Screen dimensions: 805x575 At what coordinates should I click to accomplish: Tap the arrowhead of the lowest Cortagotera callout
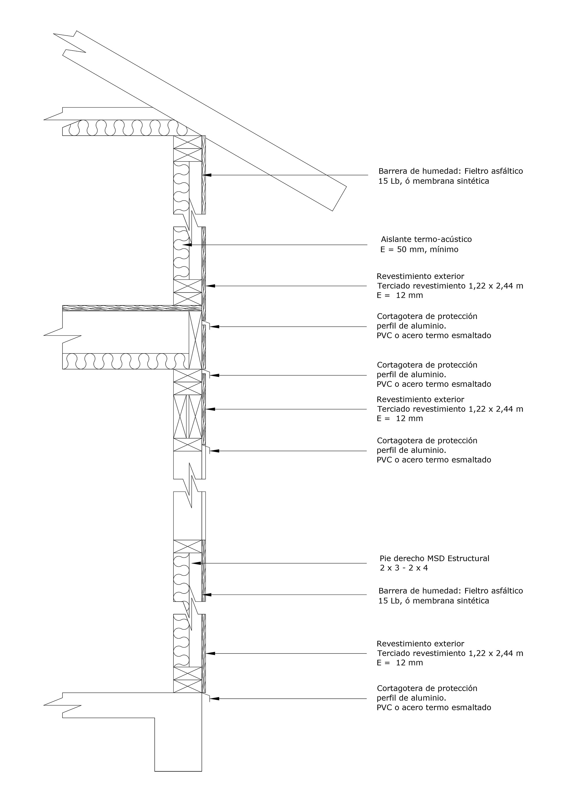coord(214,699)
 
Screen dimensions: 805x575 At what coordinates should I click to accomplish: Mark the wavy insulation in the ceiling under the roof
coord(124,128)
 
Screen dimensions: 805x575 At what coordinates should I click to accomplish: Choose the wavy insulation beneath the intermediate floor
coord(124,361)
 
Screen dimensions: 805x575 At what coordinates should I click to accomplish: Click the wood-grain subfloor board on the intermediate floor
coord(131,308)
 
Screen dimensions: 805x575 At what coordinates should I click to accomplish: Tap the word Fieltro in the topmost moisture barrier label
coord(477,171)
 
